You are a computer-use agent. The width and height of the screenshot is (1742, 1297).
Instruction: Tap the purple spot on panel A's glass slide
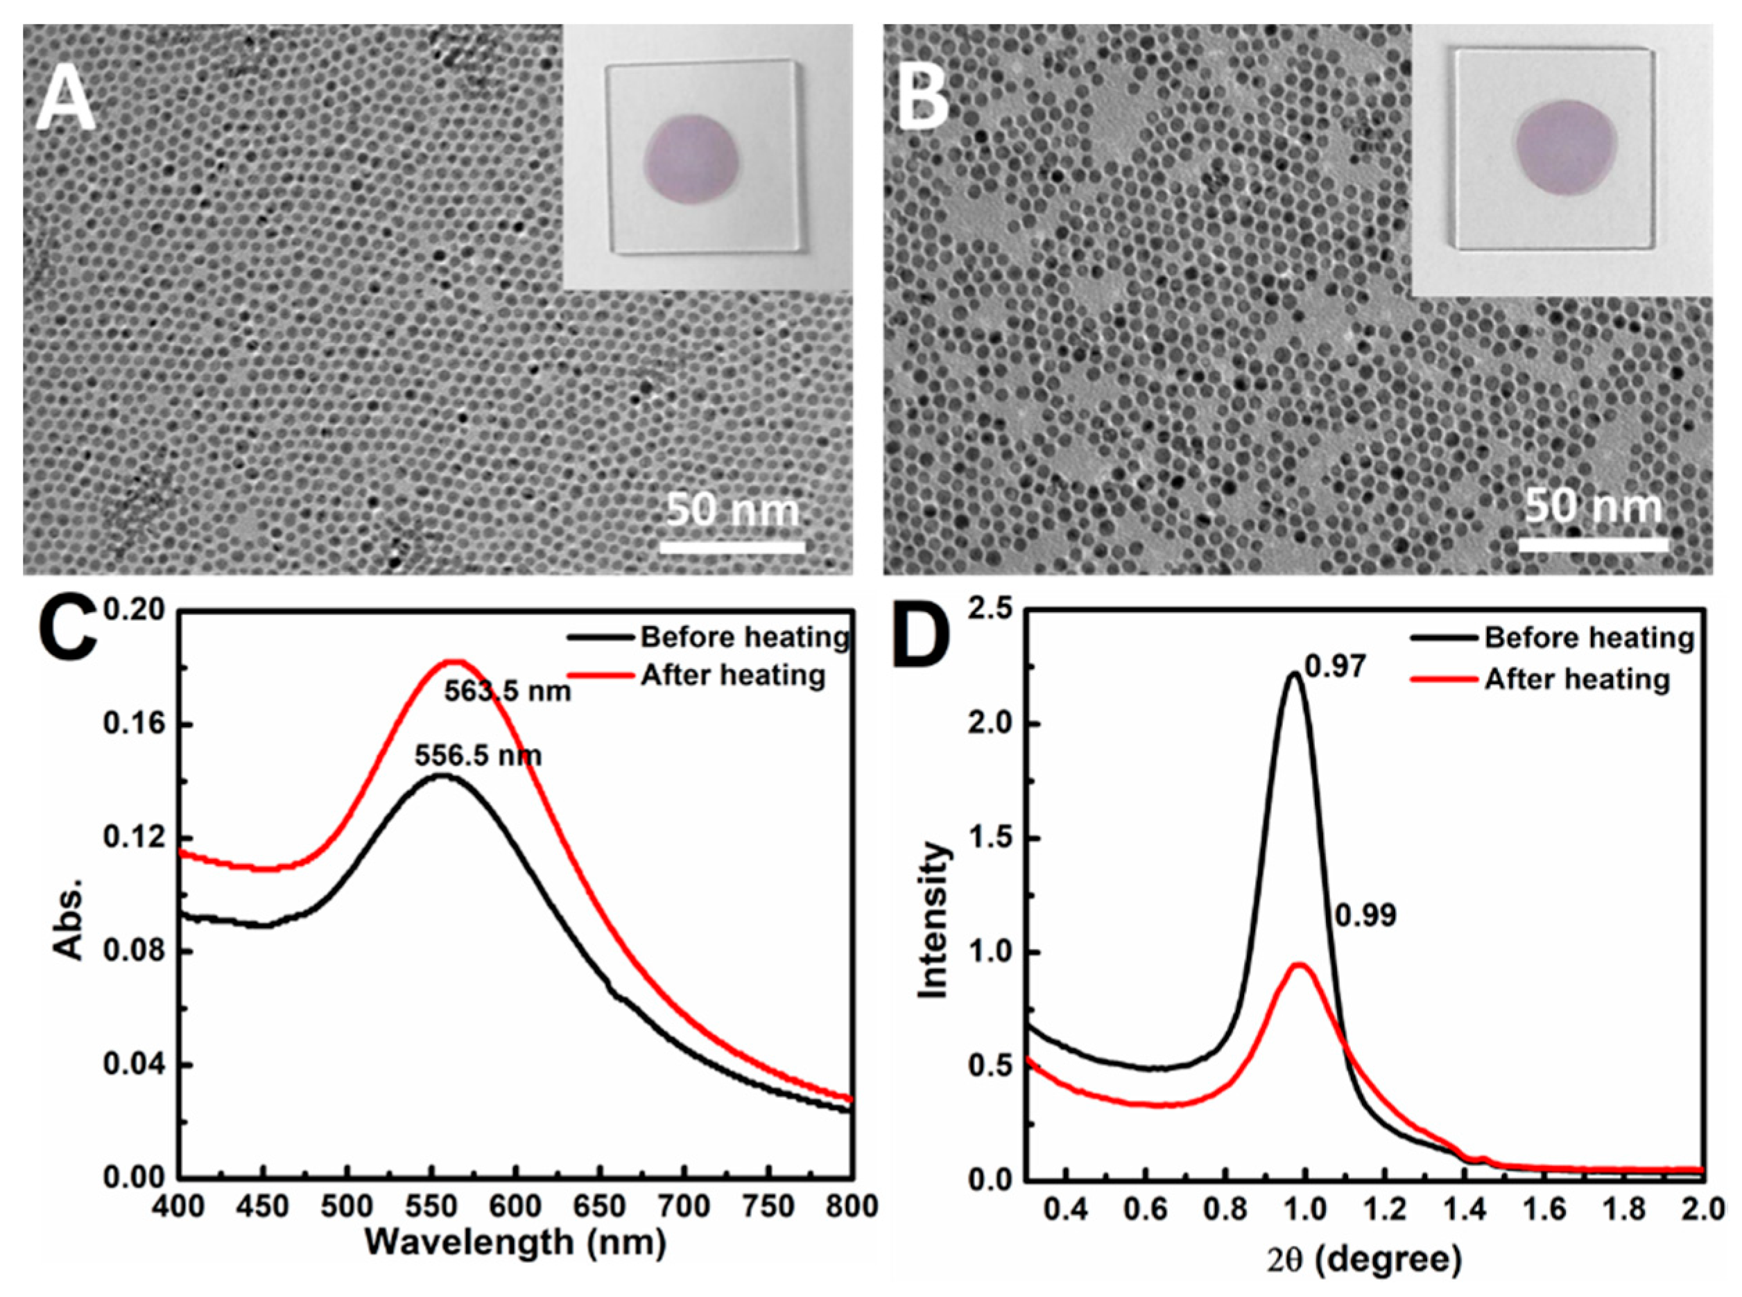tap(692, 158)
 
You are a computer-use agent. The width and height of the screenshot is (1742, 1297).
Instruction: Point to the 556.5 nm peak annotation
tap(478, 756)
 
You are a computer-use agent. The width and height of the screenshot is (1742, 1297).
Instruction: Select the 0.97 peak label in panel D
tap(1336, 668)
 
